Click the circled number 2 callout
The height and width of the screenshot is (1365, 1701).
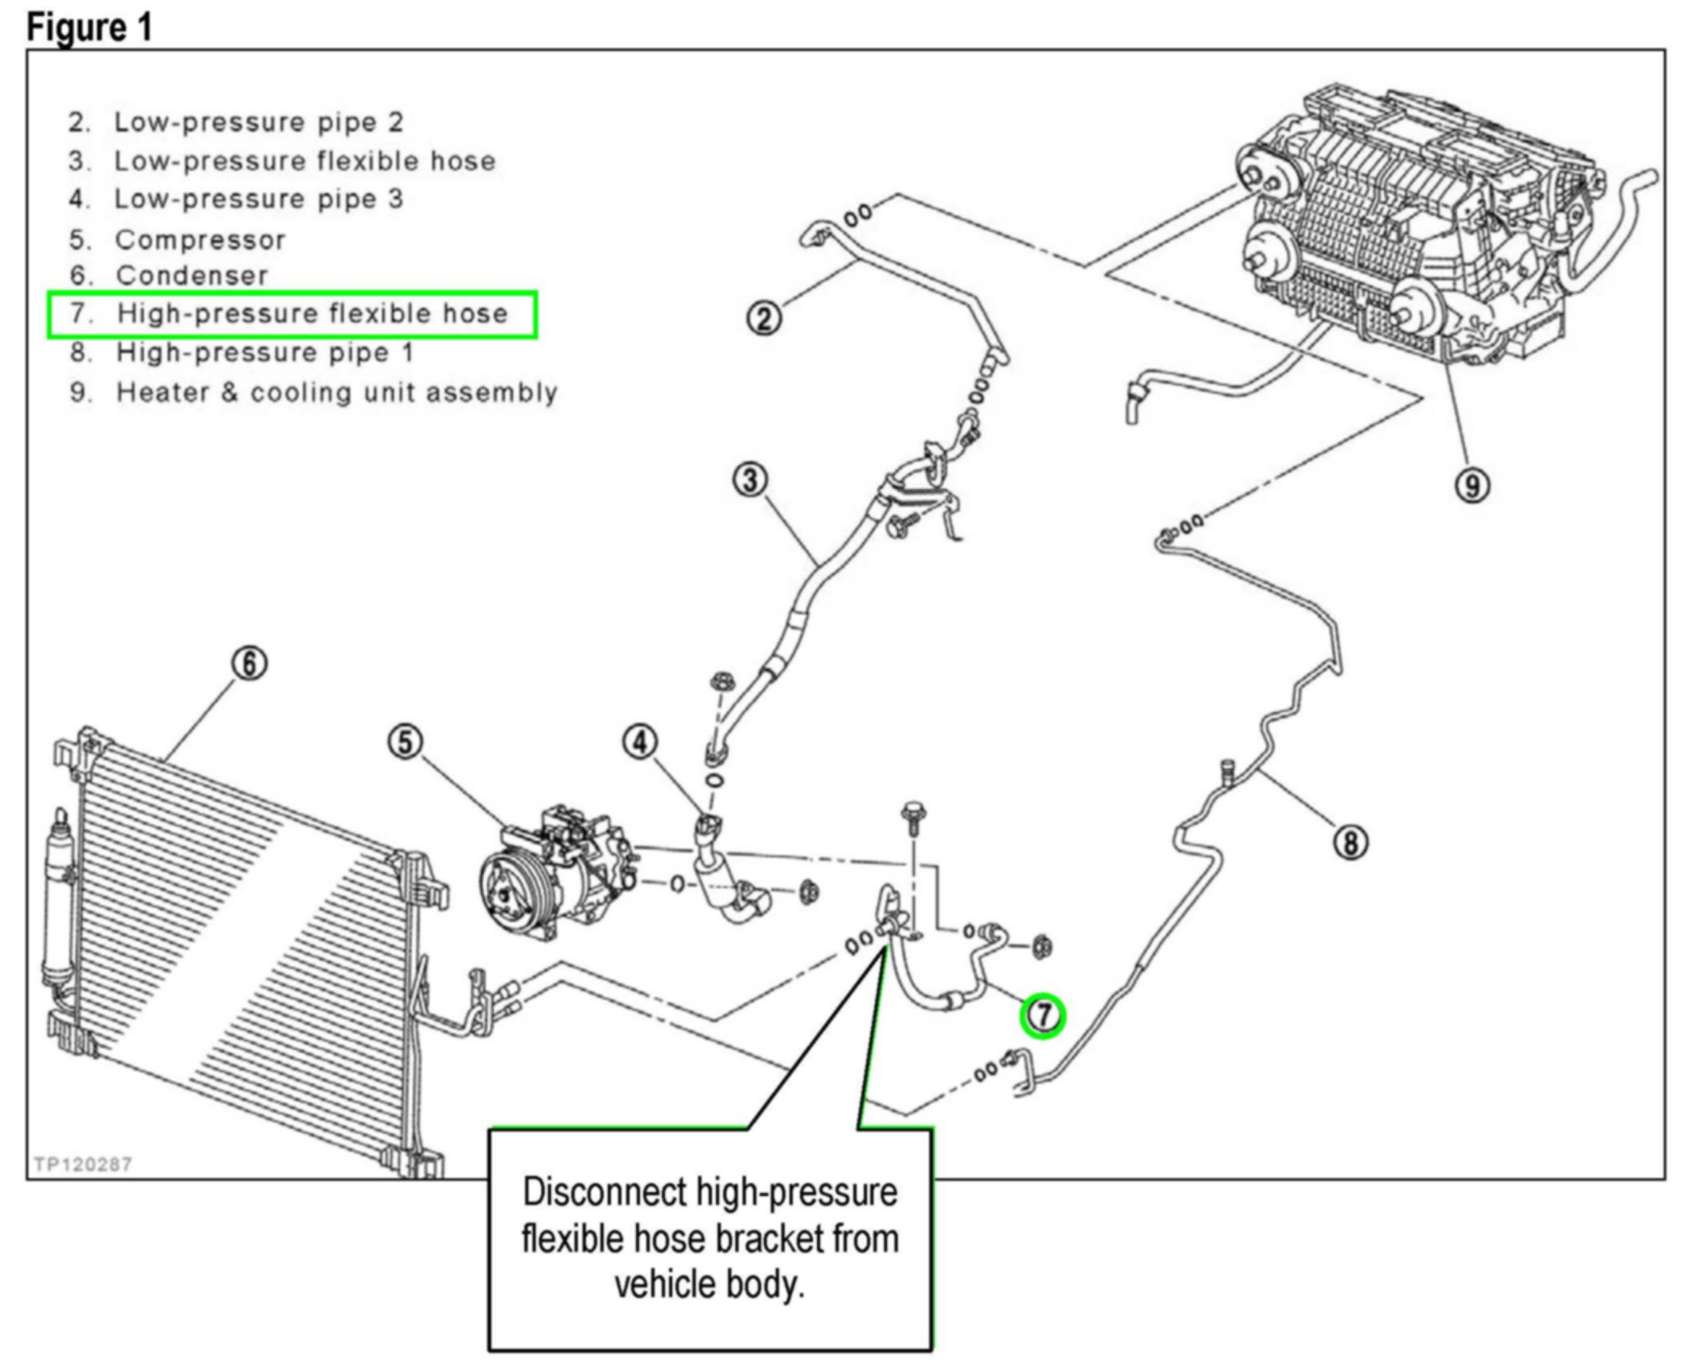pos(763,317)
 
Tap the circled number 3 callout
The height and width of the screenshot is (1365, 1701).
pos(750,480)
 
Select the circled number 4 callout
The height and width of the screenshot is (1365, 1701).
pos(640,741)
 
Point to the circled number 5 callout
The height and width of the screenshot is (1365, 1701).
pos(405,741)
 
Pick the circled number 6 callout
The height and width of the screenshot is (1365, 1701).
pos(249,663)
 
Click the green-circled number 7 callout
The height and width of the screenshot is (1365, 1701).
pos(1042,1014)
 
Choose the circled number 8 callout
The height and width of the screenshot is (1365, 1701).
pos(1350,843)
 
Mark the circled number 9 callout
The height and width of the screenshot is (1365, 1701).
pos(1472,486)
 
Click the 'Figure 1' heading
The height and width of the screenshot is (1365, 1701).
pos(89,27)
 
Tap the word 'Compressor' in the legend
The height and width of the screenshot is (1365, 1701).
pos(200,240)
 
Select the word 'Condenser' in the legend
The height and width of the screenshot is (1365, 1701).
pos(192,276)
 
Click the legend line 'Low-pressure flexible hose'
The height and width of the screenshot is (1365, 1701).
pos(304,161)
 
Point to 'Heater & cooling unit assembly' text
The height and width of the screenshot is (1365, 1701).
pos(336,393)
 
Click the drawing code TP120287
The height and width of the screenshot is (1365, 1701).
pos(82,1164)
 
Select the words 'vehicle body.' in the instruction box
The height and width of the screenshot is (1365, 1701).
pos(709,1283)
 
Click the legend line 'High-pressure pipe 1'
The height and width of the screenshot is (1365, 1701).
pos(264,352)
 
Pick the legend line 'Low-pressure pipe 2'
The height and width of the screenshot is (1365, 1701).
pos(258,122)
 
